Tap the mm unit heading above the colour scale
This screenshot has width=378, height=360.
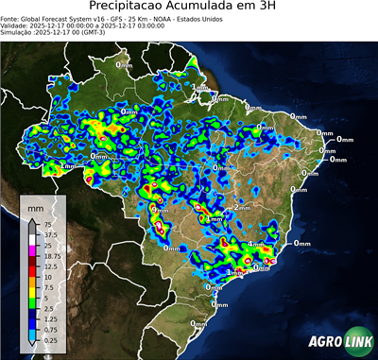36,205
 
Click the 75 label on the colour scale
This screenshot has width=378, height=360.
44,225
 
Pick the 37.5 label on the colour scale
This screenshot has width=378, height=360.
47,235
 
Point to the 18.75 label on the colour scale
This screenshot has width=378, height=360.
49,256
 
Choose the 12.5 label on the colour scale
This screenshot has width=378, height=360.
47,266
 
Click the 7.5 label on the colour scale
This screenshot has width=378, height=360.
46,287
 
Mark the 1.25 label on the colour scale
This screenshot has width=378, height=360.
47,318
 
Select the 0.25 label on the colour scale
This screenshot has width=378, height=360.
47,339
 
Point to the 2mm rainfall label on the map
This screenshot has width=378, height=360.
242,207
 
